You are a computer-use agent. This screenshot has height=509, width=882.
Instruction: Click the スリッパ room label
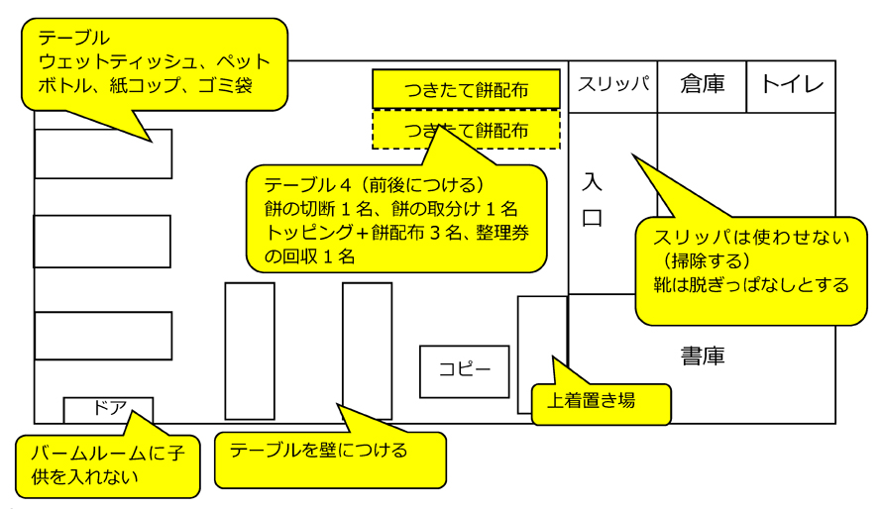click(613, 84)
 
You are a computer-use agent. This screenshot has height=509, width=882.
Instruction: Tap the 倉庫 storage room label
click(702, 84)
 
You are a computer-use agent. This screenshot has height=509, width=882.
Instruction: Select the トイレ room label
click(792, 84)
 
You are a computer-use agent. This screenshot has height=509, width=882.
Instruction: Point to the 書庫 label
click(703, 356)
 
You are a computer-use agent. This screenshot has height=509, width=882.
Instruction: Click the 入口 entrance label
click(592, 199)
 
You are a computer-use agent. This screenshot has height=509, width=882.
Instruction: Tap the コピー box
click(464, 371)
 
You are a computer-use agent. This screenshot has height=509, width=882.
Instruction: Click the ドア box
click(108, 410)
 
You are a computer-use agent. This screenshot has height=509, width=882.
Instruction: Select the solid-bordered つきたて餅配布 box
click(467, 89)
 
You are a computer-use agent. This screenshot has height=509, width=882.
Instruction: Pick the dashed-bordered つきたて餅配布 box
click(467, 130)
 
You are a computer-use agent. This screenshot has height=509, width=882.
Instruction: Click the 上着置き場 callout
click(601, 403)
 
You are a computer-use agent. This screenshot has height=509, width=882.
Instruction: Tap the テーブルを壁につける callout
click(330, 459)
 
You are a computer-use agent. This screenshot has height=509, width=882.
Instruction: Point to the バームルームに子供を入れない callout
click(107, 466)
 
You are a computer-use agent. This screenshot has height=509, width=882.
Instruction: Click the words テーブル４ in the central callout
click(307, 185)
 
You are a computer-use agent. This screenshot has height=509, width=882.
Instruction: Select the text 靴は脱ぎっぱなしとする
click(751, 285)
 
